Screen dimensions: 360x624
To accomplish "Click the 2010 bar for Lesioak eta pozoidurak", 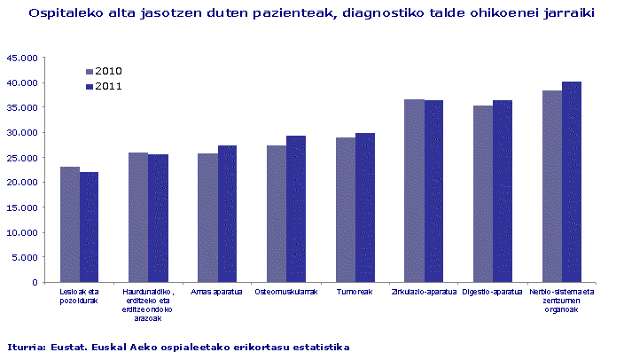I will point(70,224).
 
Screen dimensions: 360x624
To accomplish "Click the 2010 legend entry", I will point(104,71).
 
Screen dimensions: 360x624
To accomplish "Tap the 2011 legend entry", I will point(104,86).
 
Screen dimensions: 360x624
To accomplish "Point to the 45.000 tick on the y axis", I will point(22,58).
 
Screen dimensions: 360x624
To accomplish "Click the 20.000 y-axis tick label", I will point(22,183).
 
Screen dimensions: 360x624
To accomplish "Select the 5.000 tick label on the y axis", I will point(25,257).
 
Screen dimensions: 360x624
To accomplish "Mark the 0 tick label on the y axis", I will point(35,282).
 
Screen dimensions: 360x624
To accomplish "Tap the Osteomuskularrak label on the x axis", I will point(285,292).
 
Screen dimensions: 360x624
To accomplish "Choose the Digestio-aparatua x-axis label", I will point(492,292).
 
